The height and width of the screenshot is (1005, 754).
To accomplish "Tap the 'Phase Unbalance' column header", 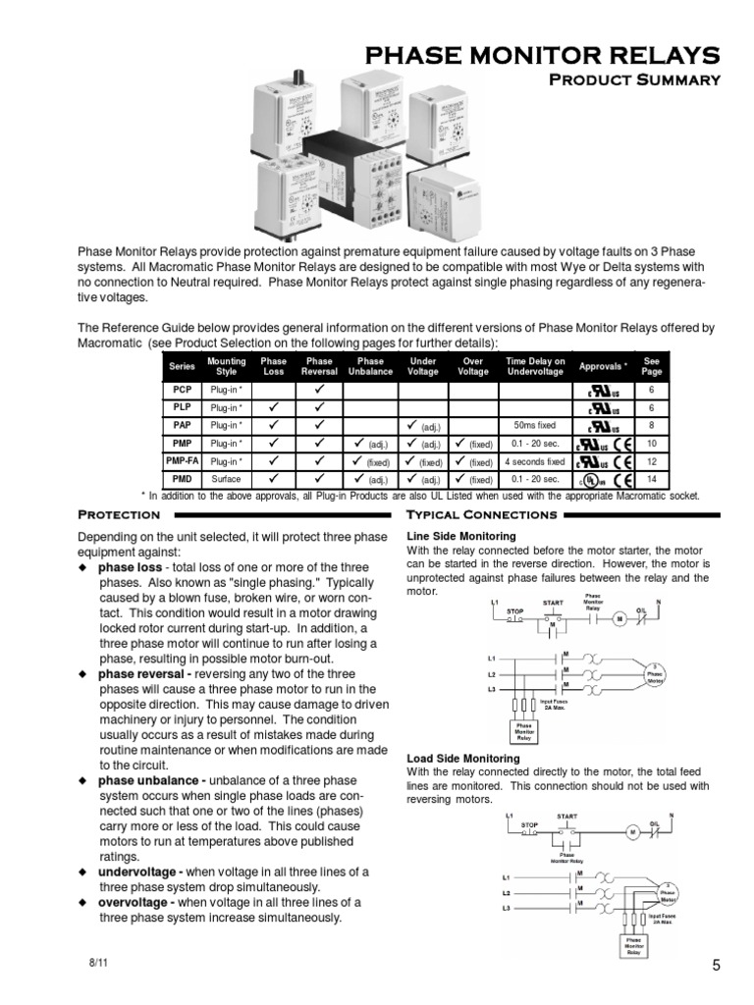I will click(x=371, y=366).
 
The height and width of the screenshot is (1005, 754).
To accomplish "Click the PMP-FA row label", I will click(x=182, y=460).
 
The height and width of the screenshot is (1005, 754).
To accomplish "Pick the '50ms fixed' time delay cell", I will click(x=534, y=426).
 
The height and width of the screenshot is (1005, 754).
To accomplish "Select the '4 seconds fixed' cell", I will click(x=534, y=461).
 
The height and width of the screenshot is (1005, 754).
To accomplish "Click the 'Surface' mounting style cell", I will click(x=227, y=479).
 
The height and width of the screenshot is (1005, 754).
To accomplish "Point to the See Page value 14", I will click(x=652, y=479).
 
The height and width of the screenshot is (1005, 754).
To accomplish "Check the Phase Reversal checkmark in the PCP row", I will click(x=320, y=390).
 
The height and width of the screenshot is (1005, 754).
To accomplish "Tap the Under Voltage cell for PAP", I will click(x=423, y=426).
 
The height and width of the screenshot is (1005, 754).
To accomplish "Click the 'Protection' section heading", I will click(x=119, y=514).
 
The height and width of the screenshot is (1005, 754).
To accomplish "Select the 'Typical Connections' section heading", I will click(x=482, y=514).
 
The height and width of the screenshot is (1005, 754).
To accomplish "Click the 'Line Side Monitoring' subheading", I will click(x=460, y=537).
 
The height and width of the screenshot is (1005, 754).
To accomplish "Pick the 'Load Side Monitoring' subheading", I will click(x=462, y=759).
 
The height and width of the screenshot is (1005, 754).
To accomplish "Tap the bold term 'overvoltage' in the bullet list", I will click(x=136, y=902).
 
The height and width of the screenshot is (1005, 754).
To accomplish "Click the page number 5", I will click(x=716, y=966).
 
